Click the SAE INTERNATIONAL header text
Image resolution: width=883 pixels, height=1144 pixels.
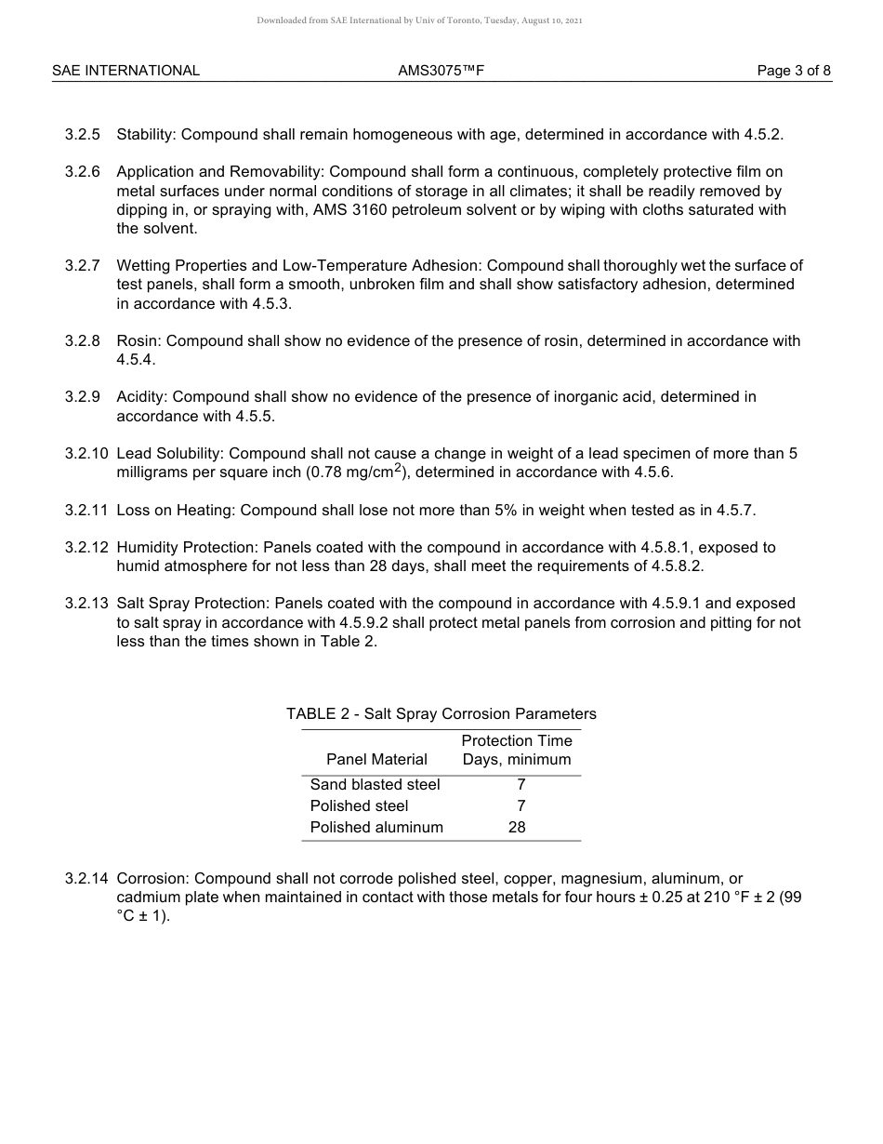click(125, 71)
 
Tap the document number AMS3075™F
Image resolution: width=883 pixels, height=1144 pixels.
click(441, 71)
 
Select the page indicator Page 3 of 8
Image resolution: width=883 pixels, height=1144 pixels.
click(794, 71)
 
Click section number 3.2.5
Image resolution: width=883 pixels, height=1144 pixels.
click(83, 134)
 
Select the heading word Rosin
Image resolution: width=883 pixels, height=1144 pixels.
click(137, 341)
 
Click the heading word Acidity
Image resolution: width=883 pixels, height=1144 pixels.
click(141, 397)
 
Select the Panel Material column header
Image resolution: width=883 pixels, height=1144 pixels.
click(376, 759)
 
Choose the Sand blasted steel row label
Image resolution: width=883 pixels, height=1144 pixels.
click(375, 784)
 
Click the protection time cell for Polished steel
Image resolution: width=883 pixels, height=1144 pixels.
click(521, 805)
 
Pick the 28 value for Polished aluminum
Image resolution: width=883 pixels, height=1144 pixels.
click(517, 827)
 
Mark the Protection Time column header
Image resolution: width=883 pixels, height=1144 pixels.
click(517, 741)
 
